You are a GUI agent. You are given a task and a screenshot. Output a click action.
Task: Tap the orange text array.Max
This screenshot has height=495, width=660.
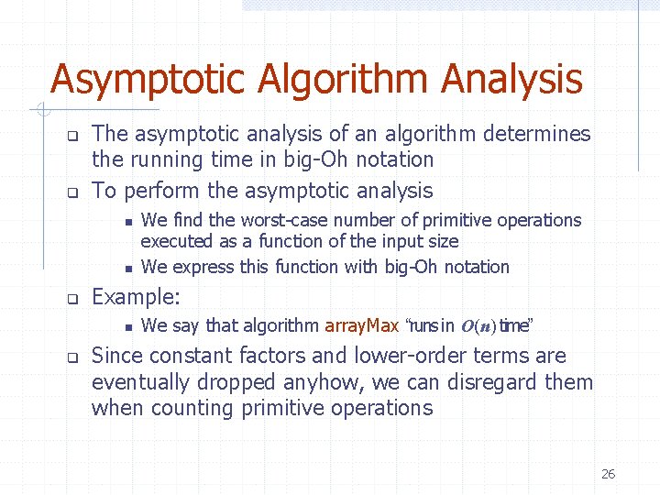click(361, 325)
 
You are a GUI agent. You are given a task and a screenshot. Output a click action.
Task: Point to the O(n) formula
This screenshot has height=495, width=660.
click(478, 326)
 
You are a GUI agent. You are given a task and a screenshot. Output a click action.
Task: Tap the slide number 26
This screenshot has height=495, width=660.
click(608, 474)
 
